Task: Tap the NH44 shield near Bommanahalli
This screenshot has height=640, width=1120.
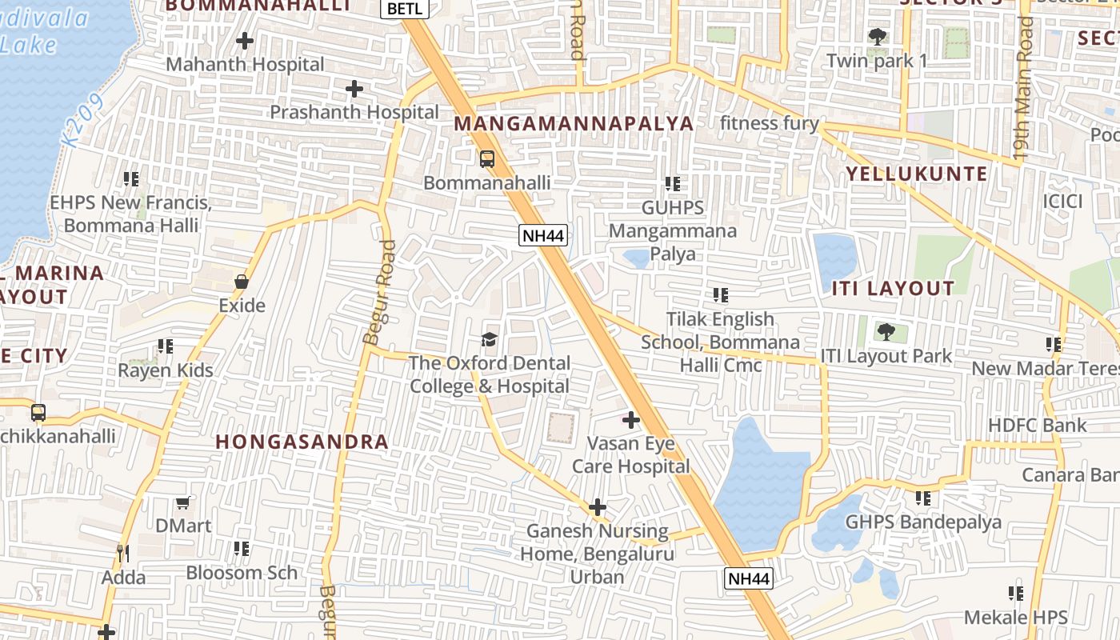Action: pyautogui.click(x=543, y=235)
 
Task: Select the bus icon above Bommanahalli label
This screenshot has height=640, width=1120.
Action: pyautogui.click(x=487, y=158)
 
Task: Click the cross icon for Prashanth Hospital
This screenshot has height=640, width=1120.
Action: pyautogui.click(x=354, y=89)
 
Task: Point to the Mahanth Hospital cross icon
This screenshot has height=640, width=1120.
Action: pyautogui.click(x=245, y=40)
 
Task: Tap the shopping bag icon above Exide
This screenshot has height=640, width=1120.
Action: pyautogui.click(x=242, y=282)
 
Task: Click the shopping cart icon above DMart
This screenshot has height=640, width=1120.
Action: pyautogui.click(x=183, y=502)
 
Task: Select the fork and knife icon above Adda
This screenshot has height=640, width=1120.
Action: pyautogui.click(x=123, y=553)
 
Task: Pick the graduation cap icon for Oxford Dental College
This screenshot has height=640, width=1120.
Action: pyautogui.click(x=490, y=339)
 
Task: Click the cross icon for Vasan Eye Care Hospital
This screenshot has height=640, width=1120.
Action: pyautogui.click(x=631, y=419)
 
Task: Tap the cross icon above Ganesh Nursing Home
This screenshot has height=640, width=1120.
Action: pyautogui.click(x=597, y=507)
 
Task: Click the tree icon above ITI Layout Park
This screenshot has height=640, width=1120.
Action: pyautogui.click(x=886, y=332)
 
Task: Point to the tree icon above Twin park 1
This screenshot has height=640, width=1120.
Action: pyautogui.click(x=878, y=37)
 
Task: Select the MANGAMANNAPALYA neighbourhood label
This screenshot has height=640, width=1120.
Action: pyautogui.click(x=574, y=123)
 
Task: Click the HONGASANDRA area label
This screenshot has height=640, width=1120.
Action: pyautogui.click(x=302, y=442)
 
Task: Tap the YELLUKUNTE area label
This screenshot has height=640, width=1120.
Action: pyautogui.click(x=917, y=174)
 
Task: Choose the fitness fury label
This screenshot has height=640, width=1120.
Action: pyautogui.click(x=769, y=123)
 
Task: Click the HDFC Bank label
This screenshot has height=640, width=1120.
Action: pyautogui.click(x=1037, y=425)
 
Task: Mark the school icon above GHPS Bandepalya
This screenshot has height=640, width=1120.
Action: pyautogui.click(x=923, y=498)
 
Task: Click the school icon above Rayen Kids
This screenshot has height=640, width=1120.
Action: pyautogui.click(x=166, y=346)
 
